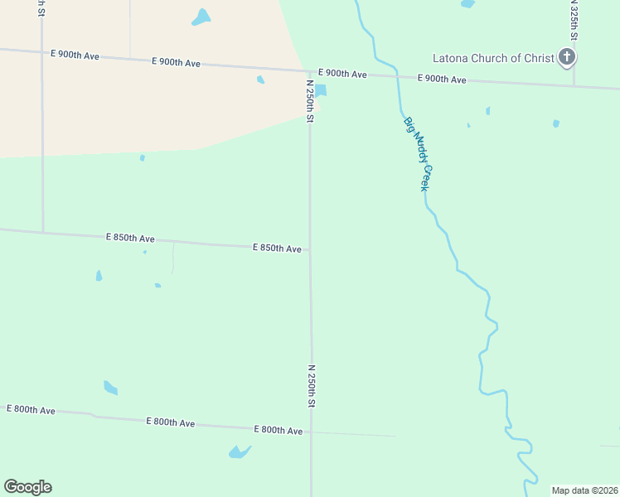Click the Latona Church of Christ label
coord(493,58)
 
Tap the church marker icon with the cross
coord(567,57)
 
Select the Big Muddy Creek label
coord(418,154)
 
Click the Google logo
coord(27,487)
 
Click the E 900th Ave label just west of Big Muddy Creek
coord(342,74)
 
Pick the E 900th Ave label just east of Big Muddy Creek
coord(441,79)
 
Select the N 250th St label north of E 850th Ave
coord(310,102)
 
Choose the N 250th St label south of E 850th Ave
coord(312,385)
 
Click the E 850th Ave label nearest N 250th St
coord(277,248)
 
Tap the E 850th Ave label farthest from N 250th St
coord(130,238)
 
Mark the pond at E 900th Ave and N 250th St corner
coord(321,90)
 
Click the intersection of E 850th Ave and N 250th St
coord(310,249)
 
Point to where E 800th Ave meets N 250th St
coord(312,432)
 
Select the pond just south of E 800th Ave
coord(239,451)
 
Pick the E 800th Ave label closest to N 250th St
coord(277,429)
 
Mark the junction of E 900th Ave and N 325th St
coord(574,84)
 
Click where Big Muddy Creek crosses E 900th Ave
coord(397,77)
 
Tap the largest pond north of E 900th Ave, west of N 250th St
coord(201,17)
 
